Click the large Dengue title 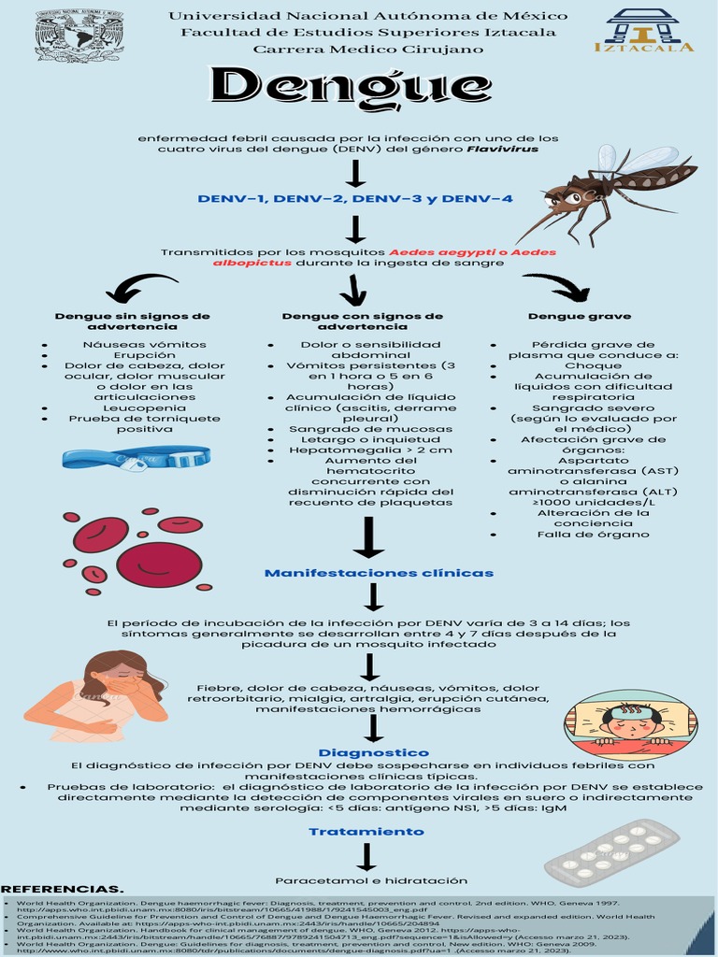click(x=338, y=86)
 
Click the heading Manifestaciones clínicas click(x=379, y=572)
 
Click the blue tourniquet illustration click(x=136, y=458)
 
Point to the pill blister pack click(x=611, y=852)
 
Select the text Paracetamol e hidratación click(x=371, y=880)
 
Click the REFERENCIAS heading click(x=62, y=889)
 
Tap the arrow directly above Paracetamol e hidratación click(x=366, y=856)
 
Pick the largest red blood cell click(x=159, y=564)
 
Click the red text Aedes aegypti click(x=435, y=252)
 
